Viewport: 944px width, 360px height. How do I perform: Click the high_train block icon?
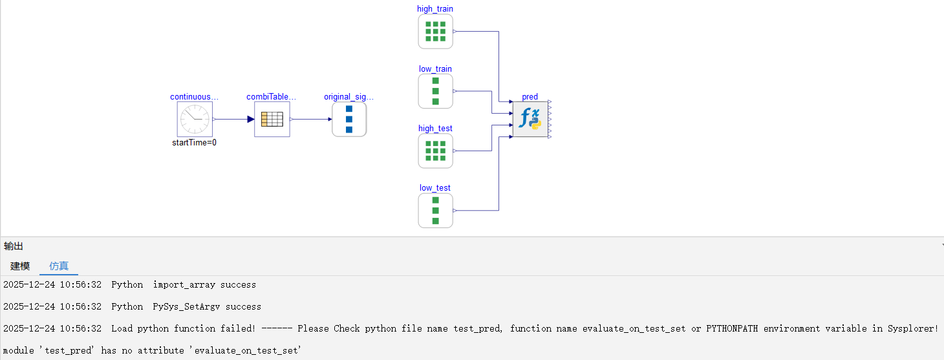(x=435, y=32)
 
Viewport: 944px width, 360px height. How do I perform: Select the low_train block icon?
(x=435, y=91)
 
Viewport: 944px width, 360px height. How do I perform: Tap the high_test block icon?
(x=435, y=151)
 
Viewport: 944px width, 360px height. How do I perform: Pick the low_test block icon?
(x=435, y=211)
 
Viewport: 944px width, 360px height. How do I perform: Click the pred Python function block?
(x=530, y=119)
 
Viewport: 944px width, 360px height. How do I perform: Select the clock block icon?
(x=195, y=119)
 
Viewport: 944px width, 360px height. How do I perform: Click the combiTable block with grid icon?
(x=272, y=119)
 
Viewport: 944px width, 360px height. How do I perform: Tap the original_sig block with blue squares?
(x=349, y=119)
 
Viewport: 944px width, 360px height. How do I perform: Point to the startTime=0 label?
(x=194, y=143)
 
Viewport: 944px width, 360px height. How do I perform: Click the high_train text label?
(x=435, y=9)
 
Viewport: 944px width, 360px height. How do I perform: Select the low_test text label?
(x=435, y=188)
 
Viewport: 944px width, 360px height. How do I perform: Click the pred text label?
(x=530, y=97)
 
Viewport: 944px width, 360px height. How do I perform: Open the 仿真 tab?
(x=59, y=266)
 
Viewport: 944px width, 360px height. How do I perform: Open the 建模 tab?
(x=20, y=266)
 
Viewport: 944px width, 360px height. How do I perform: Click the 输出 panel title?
(x=13, y=246)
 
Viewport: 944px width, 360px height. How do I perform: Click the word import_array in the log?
(x=184, y=284)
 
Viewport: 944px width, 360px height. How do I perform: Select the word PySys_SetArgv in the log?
(x=186, y=306)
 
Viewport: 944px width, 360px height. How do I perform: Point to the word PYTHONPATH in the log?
(x=732, y=328)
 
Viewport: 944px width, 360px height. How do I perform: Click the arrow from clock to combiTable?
(x=233, y=119)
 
